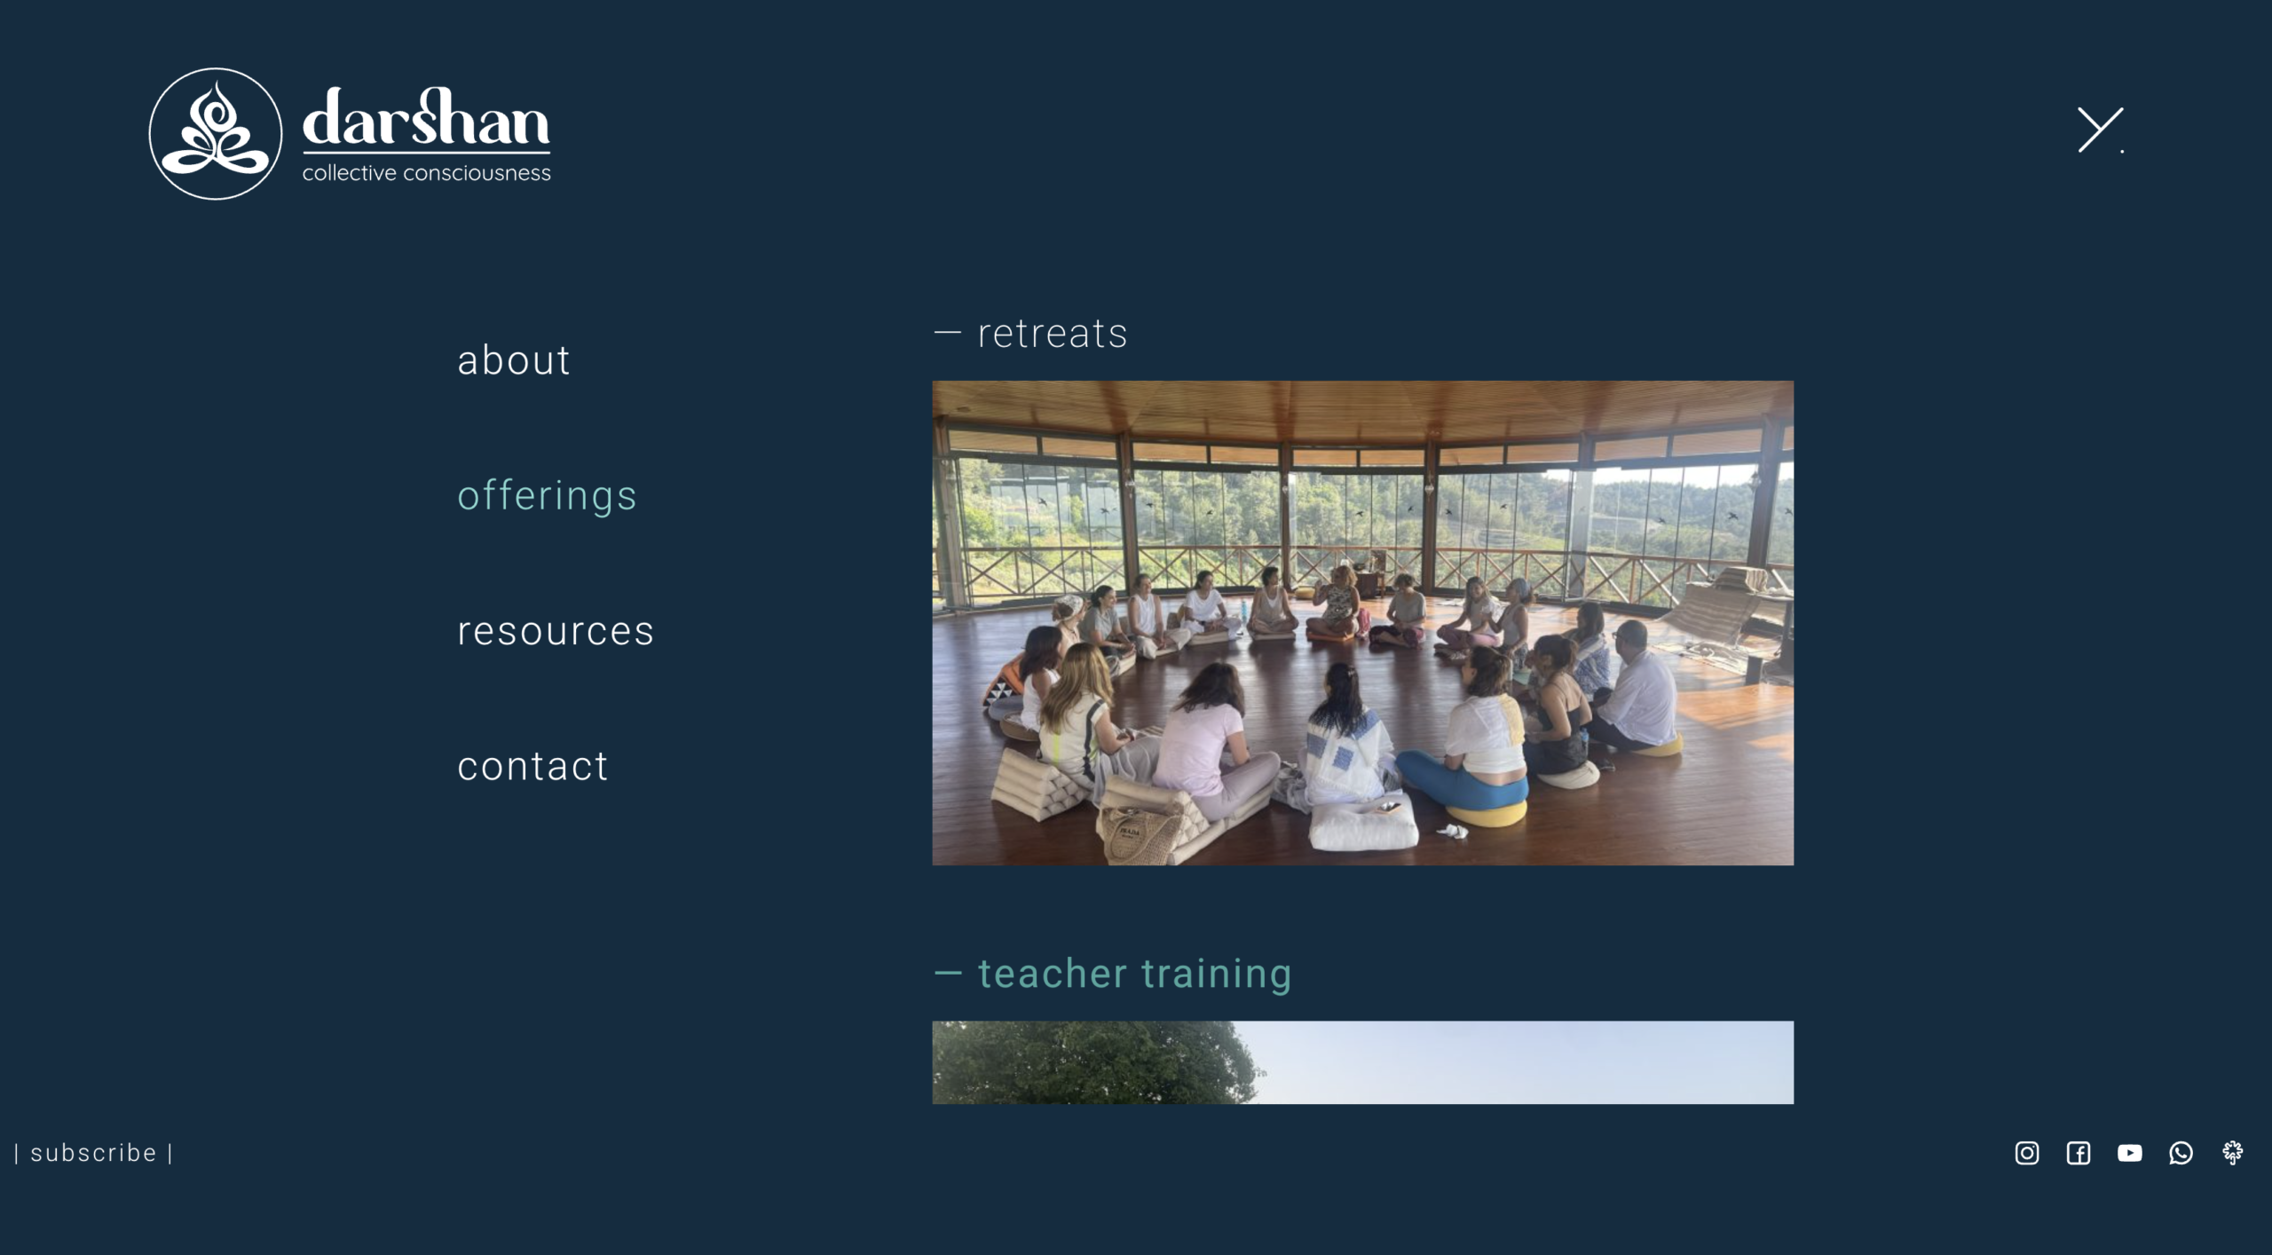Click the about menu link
pos(513,360)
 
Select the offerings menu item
pos(547,495)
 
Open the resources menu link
pos(556,631)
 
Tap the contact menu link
pos(532,766)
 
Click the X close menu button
pos(2100,130)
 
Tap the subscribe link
pos(93,1153)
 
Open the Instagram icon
pos(2027,1153)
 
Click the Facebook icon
pos(2079,1153)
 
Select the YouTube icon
pos(2130,1153)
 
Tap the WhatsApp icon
pos(2181,1153)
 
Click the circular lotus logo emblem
pos(216,134)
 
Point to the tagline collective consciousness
pos(426,173)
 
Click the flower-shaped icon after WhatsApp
pos(2233,1153)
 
